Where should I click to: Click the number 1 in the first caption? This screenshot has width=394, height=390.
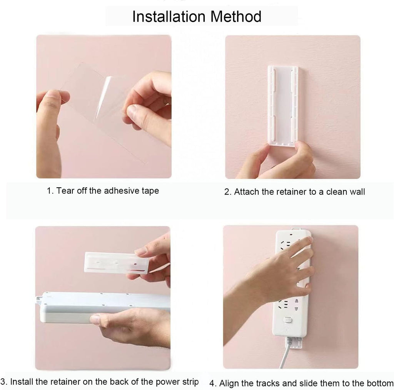(49, 191)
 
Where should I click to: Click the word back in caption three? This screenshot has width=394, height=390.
(120, 382)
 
